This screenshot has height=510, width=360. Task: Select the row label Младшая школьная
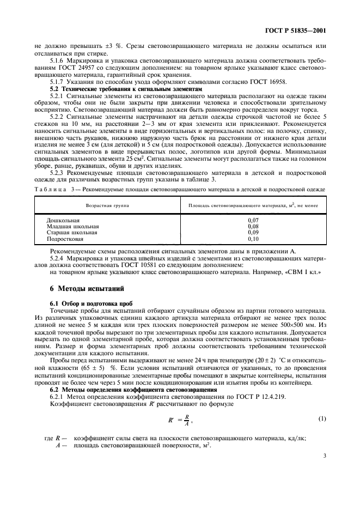72,226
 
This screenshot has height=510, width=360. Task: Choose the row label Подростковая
65,238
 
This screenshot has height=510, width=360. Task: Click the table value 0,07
253,220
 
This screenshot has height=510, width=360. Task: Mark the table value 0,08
253,226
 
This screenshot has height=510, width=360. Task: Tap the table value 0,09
253,232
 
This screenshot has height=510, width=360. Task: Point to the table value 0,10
253,238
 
